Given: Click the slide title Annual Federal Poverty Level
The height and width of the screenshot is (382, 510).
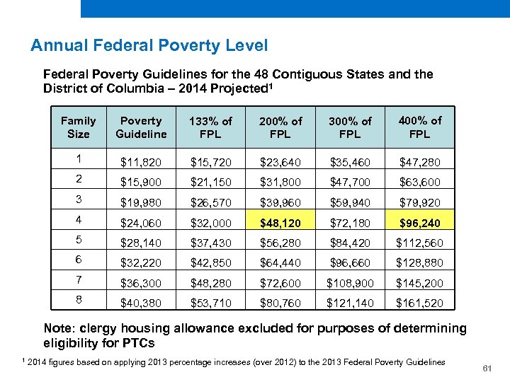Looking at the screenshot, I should pyautogui.click(x=149, y=46).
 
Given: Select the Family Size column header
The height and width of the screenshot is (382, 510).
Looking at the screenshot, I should pyautogui.click(x=78, y=127).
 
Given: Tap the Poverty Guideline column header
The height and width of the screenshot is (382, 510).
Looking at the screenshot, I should pyautogui.click(x=141, y=127).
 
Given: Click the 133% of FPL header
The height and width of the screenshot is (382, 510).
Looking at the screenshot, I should pyautogui.click(x=210, y=127).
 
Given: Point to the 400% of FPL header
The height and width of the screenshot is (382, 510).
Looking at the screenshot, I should pyautogui.click(x=419, y=127).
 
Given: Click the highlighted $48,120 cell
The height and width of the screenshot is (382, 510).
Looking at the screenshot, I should pyautogui.click(x=280, y=223).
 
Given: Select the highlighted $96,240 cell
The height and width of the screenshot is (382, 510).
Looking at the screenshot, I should pyautogui.click(x=419, y=223).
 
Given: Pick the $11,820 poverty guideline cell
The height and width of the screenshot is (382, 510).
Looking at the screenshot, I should pyautogui.click(x=141, y=162).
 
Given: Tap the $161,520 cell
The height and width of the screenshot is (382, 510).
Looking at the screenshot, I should pyautogui.click(x=419, y=303).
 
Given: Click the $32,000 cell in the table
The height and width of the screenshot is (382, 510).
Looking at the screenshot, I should pyautogui.click(x=210, y=223).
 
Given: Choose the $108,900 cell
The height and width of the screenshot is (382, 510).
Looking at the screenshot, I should pyautogui.click(x=350, y=283).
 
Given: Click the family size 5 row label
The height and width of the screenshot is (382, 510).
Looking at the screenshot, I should pyautogui.click(x=78, y=239).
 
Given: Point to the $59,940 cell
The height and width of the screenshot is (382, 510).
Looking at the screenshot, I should pyautogui.click(x=350, y=202).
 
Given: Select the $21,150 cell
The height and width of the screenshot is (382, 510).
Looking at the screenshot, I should pyautogui.click(x=210, y=183).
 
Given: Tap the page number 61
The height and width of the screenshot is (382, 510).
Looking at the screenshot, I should pyautogui.click(x=487, y=369).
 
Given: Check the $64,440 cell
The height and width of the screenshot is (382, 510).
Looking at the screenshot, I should pyautogui.click(x=280, y=263).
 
